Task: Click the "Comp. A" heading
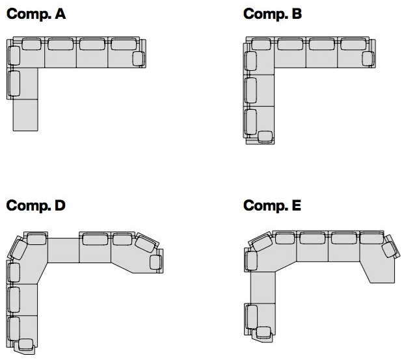tap(36, 14)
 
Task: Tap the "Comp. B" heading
tap(273, 14)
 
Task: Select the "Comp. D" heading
tap(36, 205)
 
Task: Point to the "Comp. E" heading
tap(272, 205)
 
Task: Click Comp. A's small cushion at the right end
tap(139, 59)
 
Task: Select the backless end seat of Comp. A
tap(25, 115)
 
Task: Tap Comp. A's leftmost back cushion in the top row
tap(31, 44)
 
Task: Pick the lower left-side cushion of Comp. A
tap(14, 83)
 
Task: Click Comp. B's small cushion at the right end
tap(368, 59)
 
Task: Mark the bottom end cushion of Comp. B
tap(265, 136)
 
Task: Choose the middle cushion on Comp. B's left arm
tap(250, 90)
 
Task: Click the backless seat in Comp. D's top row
tap(63, 250)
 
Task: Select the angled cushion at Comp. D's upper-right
tap(146, 243)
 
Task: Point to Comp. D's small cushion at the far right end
tap(155, 263)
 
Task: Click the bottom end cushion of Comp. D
tap(26, 345)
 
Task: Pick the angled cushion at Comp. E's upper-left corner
tap(262, 242)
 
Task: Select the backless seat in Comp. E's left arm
tap(263, 288)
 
